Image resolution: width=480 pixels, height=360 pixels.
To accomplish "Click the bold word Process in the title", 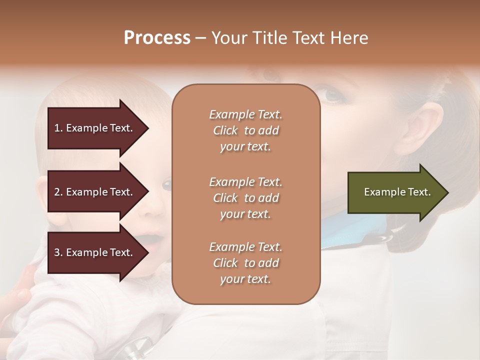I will tap(157, 38).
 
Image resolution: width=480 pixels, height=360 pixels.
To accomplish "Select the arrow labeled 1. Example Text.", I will tap(93, 128).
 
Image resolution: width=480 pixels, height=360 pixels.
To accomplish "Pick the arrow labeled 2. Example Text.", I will tap(93, 192).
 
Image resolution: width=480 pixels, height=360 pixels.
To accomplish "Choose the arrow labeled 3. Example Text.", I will tap(93, 252).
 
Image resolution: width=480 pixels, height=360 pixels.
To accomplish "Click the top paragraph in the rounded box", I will tap(245, 130).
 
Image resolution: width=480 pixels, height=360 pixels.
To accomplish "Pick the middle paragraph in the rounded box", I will tap(245, 198).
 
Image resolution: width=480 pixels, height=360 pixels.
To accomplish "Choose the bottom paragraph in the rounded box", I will tap(245, 263).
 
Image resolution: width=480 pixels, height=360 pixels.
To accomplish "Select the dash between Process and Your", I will tap(201, 38).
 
